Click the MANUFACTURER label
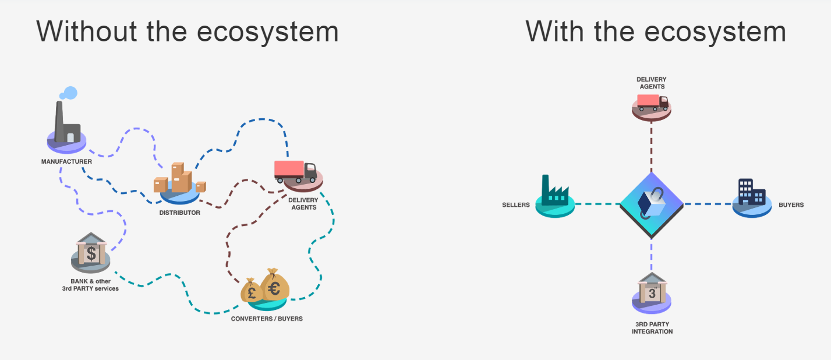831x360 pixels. coord(66,161)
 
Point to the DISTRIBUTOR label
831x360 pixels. coord(179,213)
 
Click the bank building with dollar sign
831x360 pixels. coord(91,250)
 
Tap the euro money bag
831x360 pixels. coord(274,285)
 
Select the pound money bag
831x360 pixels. coord(252,291)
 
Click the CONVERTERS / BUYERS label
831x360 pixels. coord(267,319)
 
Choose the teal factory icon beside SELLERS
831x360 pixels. coord(555,192)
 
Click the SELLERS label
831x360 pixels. coord(516,205)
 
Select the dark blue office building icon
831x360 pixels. coord(751,192)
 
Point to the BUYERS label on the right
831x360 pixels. coord(791,205)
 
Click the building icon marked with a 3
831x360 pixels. coord(652,289)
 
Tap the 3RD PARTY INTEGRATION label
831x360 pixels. coord(652,328)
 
